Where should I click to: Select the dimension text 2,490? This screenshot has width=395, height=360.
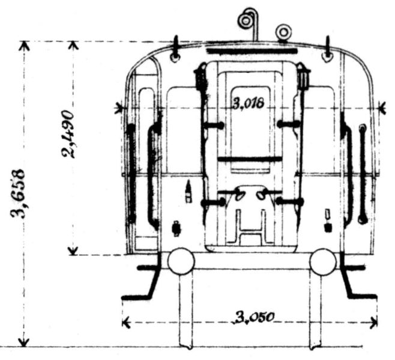coord(68,134)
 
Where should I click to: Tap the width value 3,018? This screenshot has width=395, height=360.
coord(249,103)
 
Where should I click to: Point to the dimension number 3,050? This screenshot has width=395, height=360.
coord(254,318)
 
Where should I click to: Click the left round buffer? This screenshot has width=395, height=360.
coord(181,261)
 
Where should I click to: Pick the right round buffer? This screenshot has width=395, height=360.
coord(323,261)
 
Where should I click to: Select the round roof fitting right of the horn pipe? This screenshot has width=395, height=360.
coord(284,32)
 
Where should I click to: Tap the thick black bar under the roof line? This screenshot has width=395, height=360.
coord(252,51)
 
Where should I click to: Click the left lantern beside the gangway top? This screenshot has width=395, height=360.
coord(201,77)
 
